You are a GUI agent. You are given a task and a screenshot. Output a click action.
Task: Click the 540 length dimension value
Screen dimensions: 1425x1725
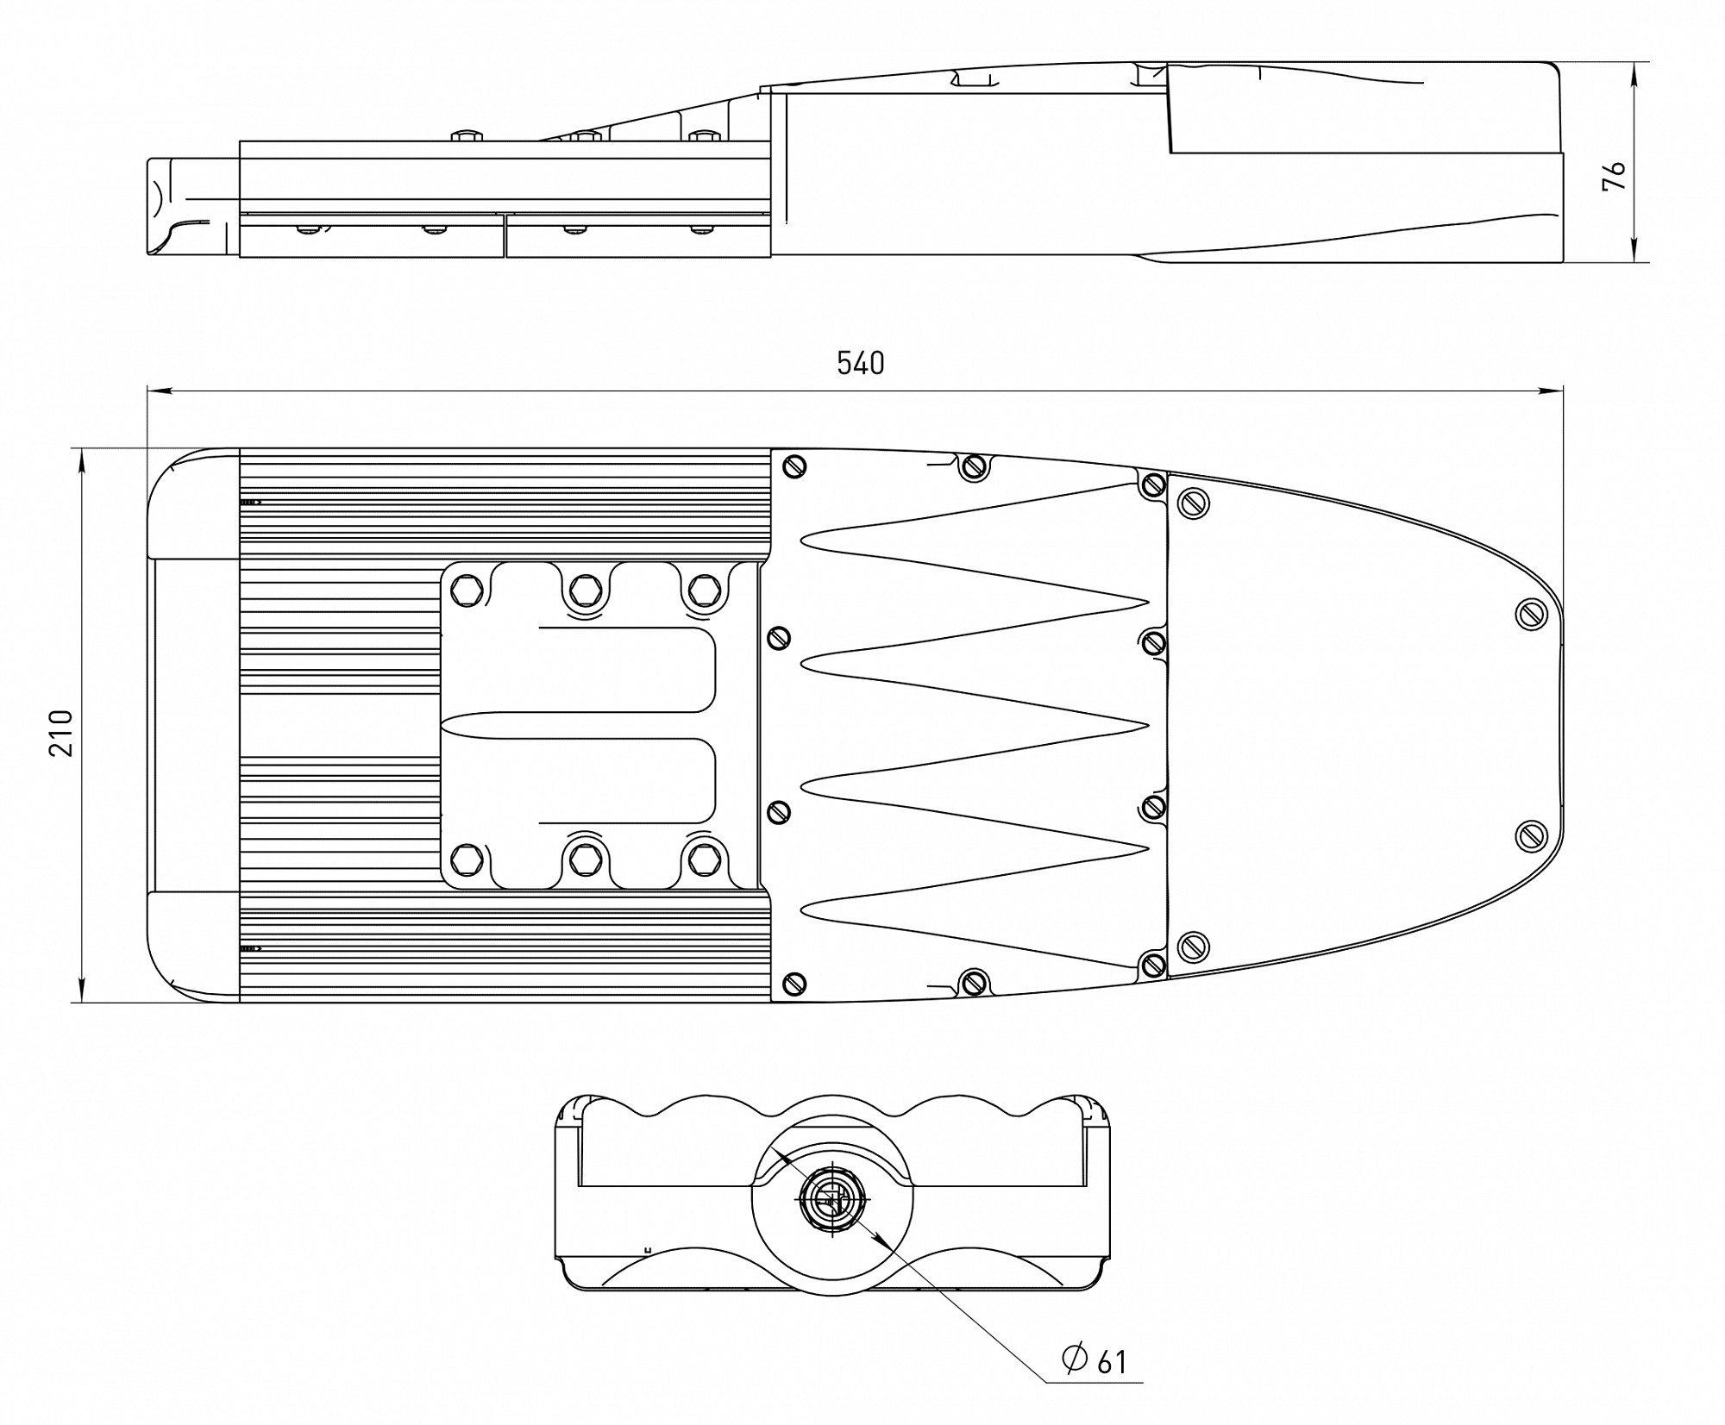click(x=860, y=364)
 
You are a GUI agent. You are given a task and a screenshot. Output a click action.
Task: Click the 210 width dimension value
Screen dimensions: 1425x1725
click(x=61, y=733)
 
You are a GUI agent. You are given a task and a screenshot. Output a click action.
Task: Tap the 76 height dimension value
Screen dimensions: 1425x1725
click(x=1614, y=176)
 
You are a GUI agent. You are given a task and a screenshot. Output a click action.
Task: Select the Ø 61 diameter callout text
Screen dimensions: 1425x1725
click(x=1095, y=1359)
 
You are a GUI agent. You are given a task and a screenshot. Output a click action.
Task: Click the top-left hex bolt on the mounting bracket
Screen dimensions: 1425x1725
click(x=467, y=591)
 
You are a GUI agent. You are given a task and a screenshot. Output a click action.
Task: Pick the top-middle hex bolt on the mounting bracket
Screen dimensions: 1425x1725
click(x=586, y=591)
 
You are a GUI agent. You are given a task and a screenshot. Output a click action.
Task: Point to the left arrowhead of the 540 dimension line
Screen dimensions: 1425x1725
click(x=156, y=391)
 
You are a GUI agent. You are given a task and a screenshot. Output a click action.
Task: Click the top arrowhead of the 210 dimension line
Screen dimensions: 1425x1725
click(x=82, y=459)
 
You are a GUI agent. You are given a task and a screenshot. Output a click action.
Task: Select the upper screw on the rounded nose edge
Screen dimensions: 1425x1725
click(x=1531, y=614)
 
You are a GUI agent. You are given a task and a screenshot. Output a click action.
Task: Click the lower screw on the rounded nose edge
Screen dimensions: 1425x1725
click(x=1531, y=835)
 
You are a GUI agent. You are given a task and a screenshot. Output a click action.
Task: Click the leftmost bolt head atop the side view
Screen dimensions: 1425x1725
click(x=467, y=135)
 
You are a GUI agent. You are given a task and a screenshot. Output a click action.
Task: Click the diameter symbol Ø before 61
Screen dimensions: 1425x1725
click(x=1075, y=1358)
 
